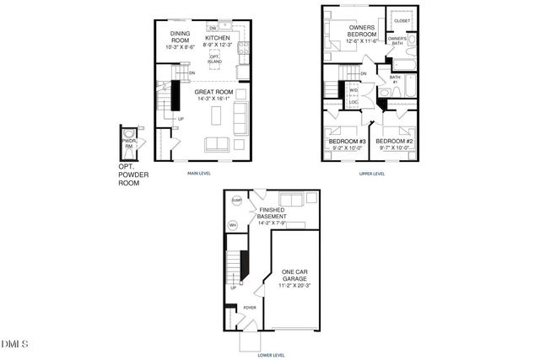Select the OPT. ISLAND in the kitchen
click(226, 61)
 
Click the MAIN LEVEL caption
click(200, 173)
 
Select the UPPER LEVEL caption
click(371, 174)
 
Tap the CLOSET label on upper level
click(402, 20)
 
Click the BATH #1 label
click(393, 80)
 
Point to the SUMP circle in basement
click(236, 201)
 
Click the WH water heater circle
click(234, 224)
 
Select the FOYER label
click(250, 308)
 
